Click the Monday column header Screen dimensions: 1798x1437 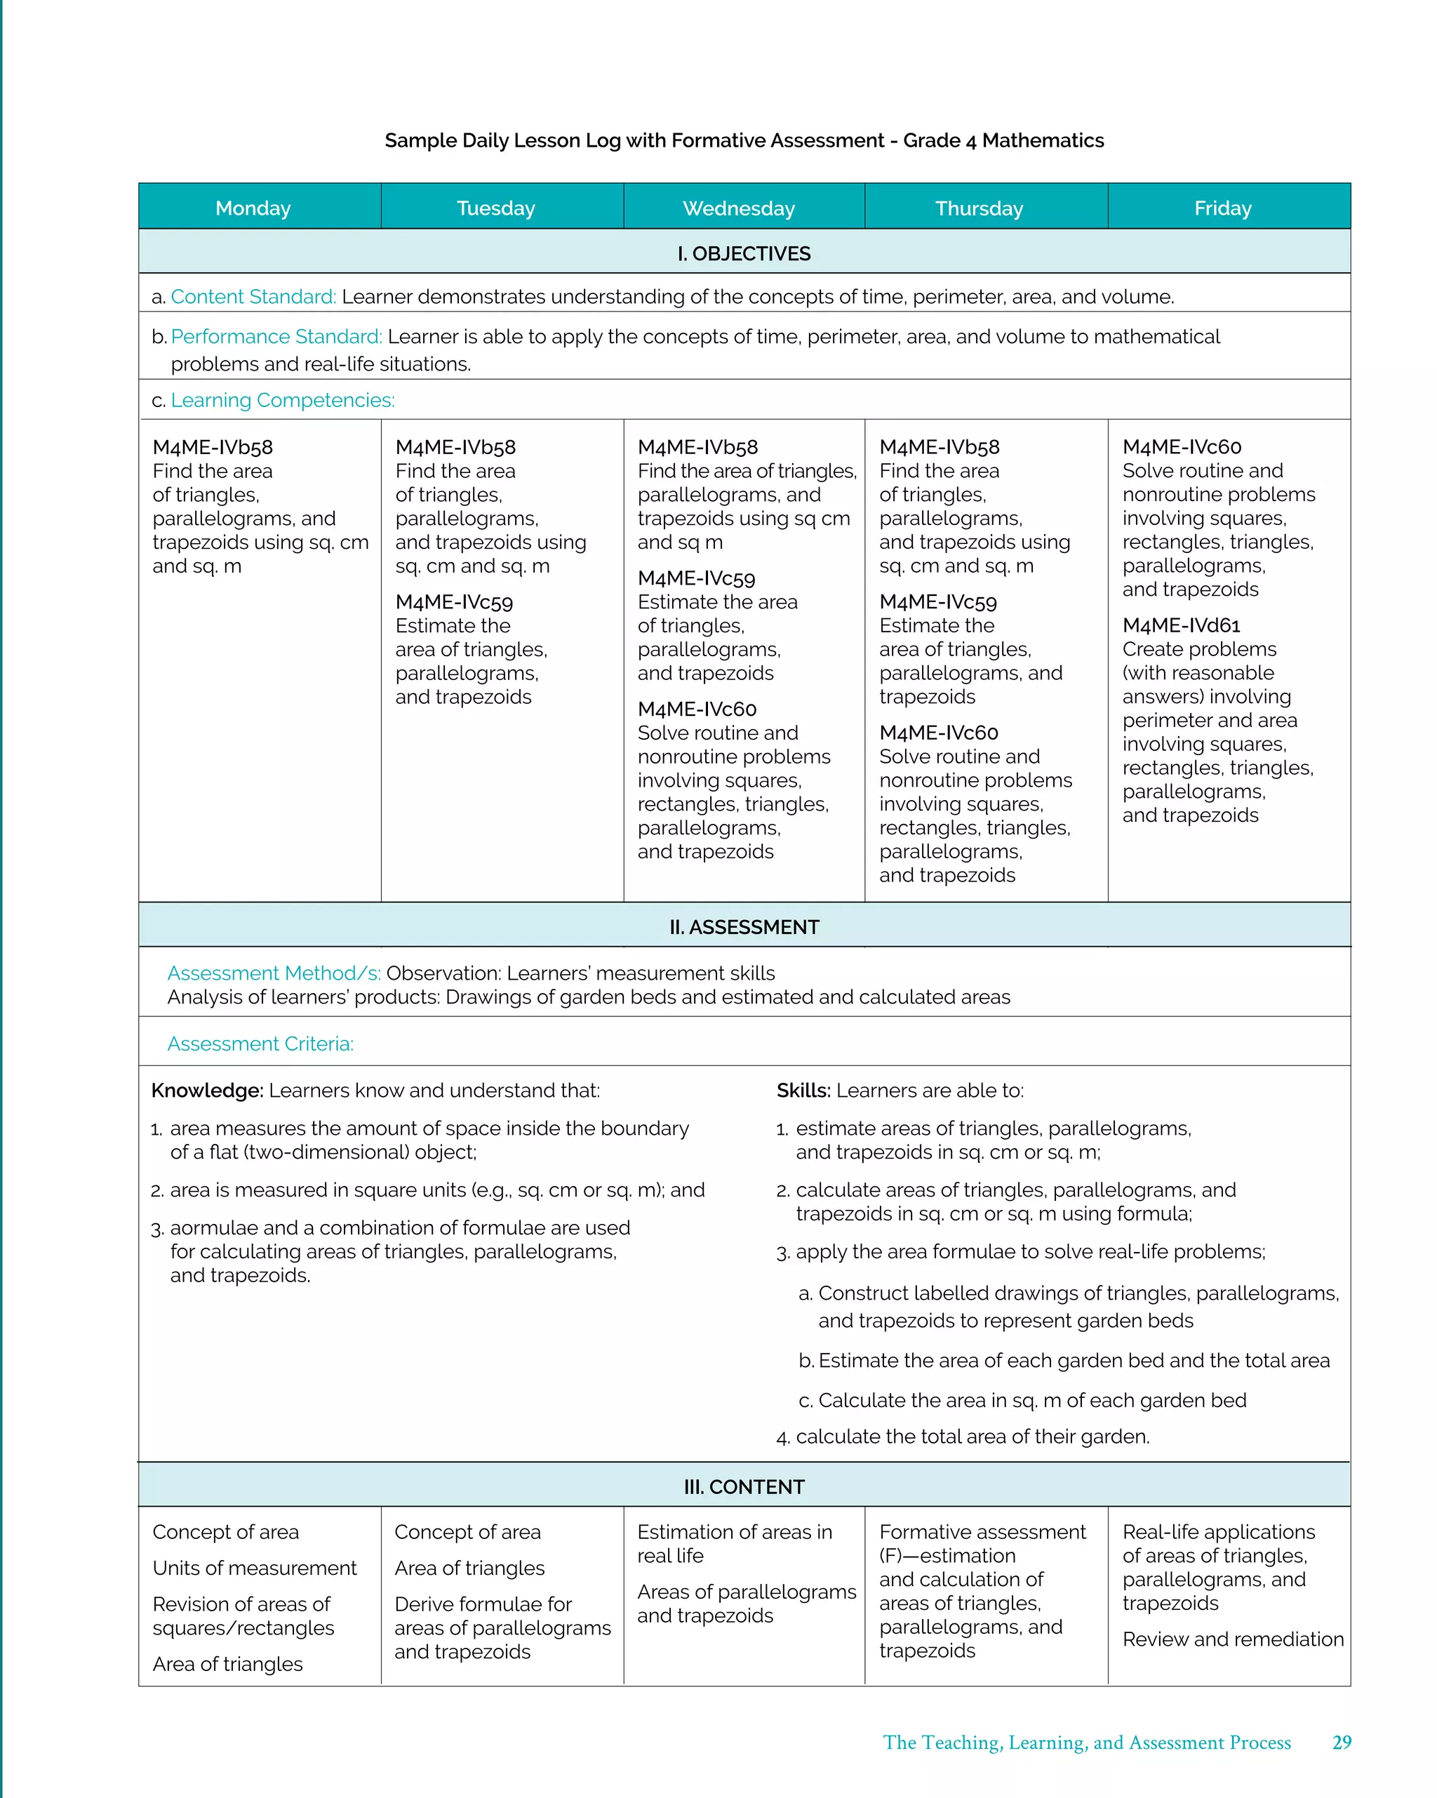click(x=253, y=208)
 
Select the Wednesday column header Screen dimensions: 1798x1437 click(x=738, y=208)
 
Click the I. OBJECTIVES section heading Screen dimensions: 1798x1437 click(x=743, y=253)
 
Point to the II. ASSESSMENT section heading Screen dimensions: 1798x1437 click(x=743, y=926)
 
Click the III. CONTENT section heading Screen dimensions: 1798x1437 click(x=743, y=1486)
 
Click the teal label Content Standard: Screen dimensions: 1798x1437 click(x=253, y=297)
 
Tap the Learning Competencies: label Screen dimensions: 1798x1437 click(x=282, y=400)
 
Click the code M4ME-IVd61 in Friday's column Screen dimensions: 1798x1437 click(x=1181, y=625)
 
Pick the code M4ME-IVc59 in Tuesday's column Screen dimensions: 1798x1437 click(x=454, y=602)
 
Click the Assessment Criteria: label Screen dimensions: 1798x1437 click(x=260, y=1044)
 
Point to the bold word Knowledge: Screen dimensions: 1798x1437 click(x=207, y=1091)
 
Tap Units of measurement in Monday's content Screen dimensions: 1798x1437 click(x=255, y=1568)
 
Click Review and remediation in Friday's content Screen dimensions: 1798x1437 click(x=1233, y=1639)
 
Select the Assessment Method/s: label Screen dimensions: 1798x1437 click(x=274, y=973)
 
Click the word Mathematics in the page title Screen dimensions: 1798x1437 click(x=1043, y=140)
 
